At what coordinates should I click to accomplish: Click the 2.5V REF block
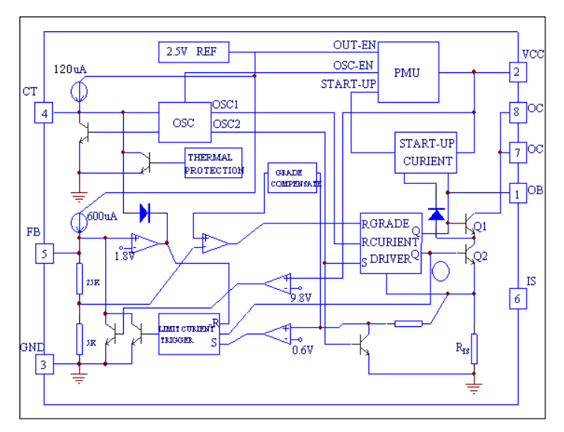[x=194, y=52]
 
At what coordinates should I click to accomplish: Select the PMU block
[x=408, y=72]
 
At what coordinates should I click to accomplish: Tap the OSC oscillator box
[x=184, y=121]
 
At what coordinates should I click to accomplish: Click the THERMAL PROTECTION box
[x=215, y=163]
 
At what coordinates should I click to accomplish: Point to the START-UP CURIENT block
[x=425, y=153]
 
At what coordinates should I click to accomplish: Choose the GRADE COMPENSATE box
[x=292, y=177]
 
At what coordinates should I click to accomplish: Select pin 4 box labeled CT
[x=45, y=113]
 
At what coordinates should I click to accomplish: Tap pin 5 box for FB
[x=45, y=254]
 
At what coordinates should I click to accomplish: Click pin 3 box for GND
[x=45, y=364]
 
